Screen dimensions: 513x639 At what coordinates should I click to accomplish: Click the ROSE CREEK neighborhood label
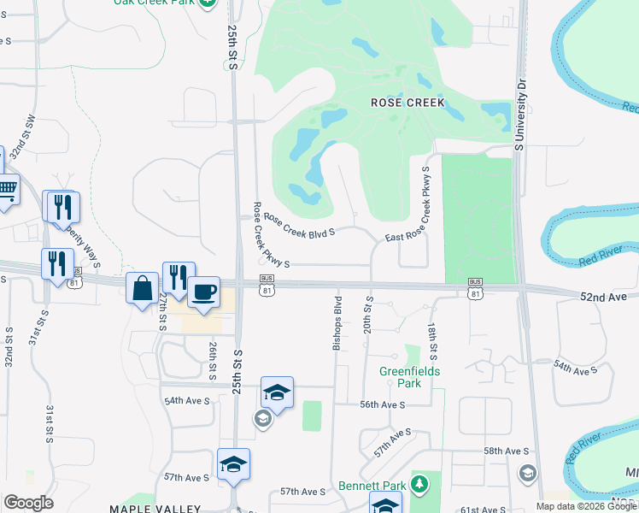(x=407, y=103)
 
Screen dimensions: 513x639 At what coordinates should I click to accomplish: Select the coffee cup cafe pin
(x=203, y=292)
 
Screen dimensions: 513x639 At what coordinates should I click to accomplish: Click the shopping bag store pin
(x=141, y=288)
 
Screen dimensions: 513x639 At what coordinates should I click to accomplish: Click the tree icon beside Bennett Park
(x=419, y=486)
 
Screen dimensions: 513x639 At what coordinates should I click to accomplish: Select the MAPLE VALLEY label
(x=155, y=509)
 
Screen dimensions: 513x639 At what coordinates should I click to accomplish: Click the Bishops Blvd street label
(x=338, y=323)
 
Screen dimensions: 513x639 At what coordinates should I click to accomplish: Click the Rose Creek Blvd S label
(x=298, y=224)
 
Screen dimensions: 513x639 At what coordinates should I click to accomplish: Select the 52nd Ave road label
(x=603, y=296)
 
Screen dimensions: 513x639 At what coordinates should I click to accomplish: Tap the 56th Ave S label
(x=382, y=404)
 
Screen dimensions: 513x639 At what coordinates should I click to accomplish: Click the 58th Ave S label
(x=507, y=451)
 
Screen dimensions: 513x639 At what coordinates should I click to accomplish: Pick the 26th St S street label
(x=212, y=361)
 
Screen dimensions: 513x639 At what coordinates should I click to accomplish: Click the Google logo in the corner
(x=28, y=503)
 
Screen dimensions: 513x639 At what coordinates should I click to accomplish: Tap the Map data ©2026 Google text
(x=586, y=506)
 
